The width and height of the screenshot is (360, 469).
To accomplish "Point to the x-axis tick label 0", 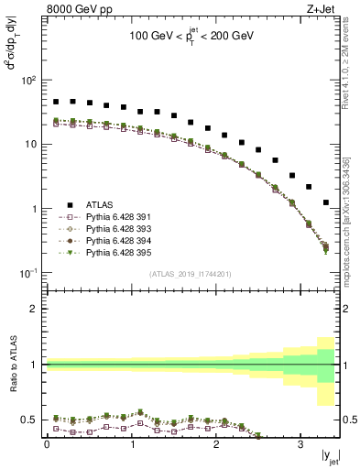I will (x=47, y=443).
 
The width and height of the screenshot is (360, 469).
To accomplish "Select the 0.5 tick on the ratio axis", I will (x=33, y=420).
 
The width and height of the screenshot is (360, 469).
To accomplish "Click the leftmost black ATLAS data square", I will (x=56, y=102).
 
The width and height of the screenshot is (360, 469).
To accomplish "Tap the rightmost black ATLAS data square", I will (x=326, y=202).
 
